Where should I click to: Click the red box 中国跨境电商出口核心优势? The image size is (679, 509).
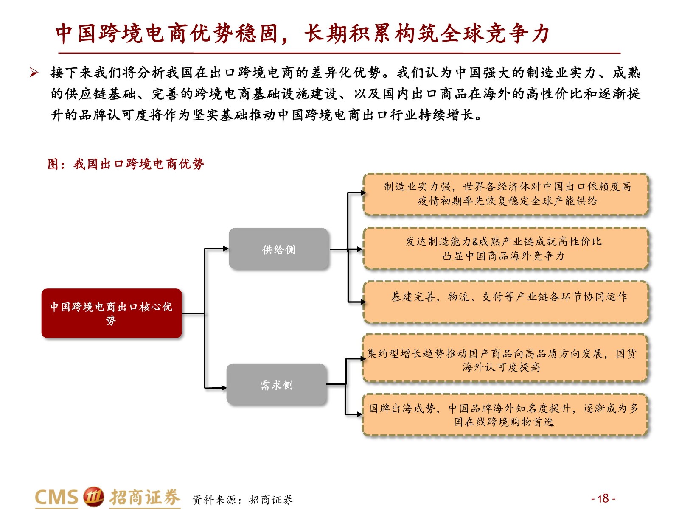pos(112,313)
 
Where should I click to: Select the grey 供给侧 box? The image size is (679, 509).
pos(278,249)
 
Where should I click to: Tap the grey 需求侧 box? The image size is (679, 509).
pos(277,384)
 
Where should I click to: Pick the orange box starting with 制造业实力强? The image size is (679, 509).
pos(505,194)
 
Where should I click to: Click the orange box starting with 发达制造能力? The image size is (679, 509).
pos(505,249)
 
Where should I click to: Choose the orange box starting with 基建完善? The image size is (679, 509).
pos(505,302)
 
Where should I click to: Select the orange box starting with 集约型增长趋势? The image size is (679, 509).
pos(505,358)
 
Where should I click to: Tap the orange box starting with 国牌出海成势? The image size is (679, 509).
pos(505,415)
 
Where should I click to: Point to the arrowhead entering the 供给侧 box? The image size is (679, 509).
pos(226,249)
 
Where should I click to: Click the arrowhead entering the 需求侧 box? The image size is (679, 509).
pos(224,388)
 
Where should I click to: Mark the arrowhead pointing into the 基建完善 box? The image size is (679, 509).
pos(363,302)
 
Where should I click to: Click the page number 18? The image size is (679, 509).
pos(603,498)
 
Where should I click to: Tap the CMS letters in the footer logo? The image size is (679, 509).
pos(56,497)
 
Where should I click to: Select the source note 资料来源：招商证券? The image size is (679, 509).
pos(242,499)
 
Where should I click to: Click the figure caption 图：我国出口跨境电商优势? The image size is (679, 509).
pos(126,164)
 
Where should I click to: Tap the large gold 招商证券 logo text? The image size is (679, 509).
pos(144,497)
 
